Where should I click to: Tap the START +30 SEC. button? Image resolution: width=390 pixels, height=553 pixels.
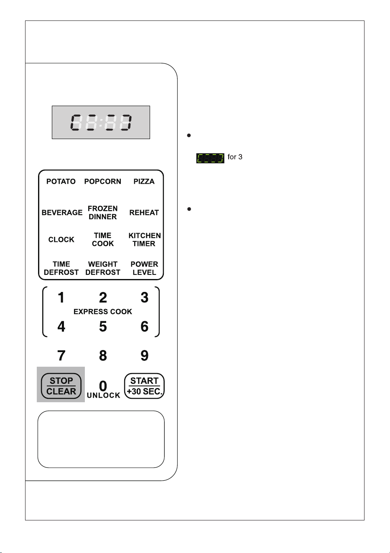pyautogui.click(x=144, y=386)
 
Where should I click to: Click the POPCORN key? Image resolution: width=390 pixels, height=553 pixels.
pyautogui.click(x=102, y=181)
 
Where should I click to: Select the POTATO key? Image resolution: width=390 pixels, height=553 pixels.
pyautogui.click(x=61, y=181)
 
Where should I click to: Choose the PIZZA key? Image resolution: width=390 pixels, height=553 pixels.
pyautogui.click(x=144, y=181)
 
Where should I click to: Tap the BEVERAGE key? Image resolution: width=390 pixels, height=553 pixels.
pyautogui.click(x=62, y=213)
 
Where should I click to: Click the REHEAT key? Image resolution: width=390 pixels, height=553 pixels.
pyautogui.click(x=144, y=213)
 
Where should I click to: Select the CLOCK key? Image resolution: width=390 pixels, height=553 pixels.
pyautogui.click(x=61, y=239)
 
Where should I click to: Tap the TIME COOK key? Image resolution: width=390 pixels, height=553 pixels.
pyautogui.click(x=102, y=239)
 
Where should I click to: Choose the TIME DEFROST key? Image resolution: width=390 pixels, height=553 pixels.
pyautogui.click(x=61, y=268)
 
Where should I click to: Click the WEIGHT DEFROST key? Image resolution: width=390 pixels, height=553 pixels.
pyautogui.click(x=102, y=268)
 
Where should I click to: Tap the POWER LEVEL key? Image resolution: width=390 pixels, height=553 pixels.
pyautogui.click(x=144, y=268)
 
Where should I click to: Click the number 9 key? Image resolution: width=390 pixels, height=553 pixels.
pyautogui.click(x=144, y=355)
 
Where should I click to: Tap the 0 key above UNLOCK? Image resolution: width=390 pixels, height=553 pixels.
pyautogui.click(x=103, y=386)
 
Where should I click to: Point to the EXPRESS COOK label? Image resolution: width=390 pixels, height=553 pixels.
pyautogui.click(x=103, y=312)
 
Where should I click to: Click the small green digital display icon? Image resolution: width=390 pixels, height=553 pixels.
pyautogui.click(x=210, y=158)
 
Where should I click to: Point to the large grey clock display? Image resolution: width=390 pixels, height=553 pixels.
pyautogui.click(x=101, y=122)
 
